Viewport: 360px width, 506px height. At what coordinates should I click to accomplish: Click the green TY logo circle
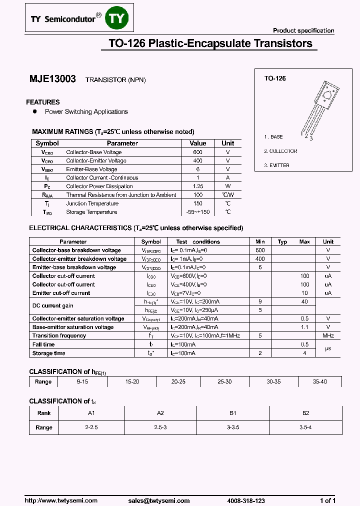tap(119, 18)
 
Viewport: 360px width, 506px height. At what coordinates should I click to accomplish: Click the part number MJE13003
tap(52, 79)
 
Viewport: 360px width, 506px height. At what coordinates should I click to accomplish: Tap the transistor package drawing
tap(320, 107)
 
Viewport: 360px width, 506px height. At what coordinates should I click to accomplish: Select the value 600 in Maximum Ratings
tap(197, 152)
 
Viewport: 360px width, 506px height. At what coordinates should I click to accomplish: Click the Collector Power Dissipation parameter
tap(99, 186)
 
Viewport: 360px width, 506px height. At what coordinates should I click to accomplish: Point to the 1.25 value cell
tap(197, 186)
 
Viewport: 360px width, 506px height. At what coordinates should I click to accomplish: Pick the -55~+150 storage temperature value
tap(197, 212)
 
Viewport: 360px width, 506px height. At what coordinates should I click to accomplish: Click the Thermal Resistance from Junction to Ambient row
tap(121, 195)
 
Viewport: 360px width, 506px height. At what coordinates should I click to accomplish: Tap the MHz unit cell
tap(328, 335)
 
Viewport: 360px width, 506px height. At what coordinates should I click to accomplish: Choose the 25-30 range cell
tap(224, 381)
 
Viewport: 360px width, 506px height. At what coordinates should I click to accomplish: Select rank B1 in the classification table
tap(233, 413)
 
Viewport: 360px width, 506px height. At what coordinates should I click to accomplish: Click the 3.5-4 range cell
tap(306, 427)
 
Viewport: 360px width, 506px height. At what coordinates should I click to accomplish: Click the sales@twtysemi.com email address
tap(158, 500)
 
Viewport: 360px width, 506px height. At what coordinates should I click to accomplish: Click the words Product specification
tap(303, 30)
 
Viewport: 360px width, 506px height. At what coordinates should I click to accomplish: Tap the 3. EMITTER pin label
tap(277, 165)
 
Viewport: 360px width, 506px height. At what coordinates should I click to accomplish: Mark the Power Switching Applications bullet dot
tap(34, 111)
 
